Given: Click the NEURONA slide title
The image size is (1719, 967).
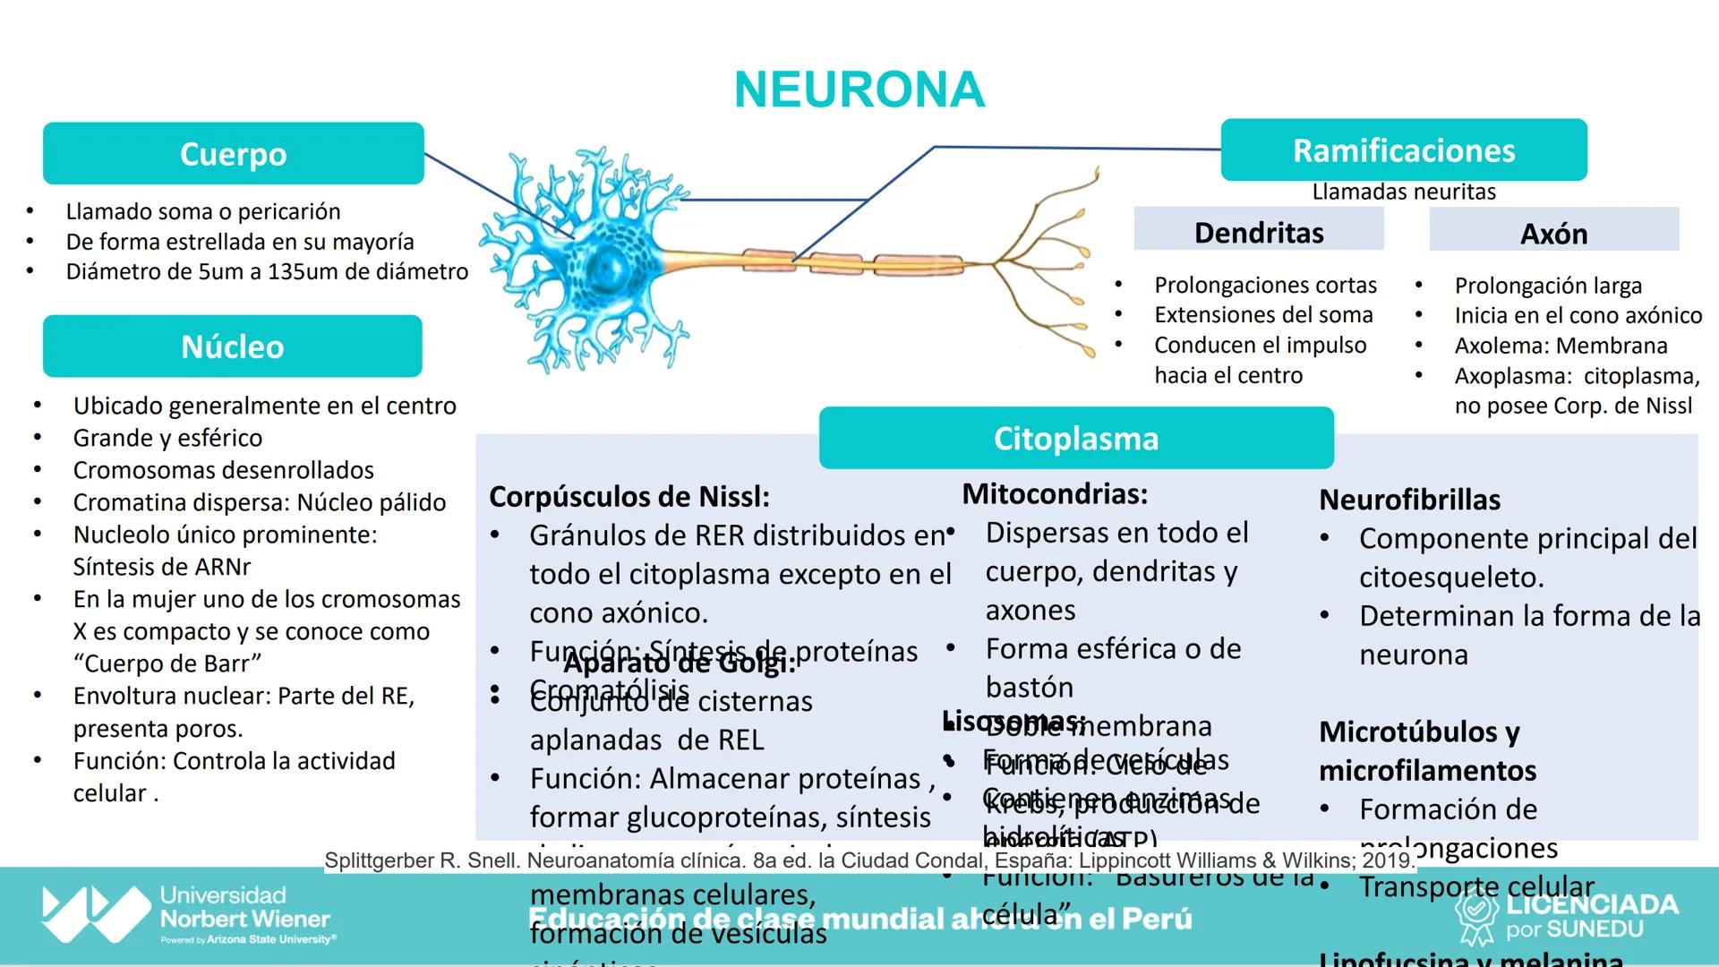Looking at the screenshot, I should coord(859,90).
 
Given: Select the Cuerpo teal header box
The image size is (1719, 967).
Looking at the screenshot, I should coord(233,154).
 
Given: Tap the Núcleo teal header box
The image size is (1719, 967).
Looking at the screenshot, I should coord(233,347).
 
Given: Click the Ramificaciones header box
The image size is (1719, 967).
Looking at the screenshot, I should coord(1404,150).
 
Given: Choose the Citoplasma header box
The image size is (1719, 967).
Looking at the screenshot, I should coord(1076,439).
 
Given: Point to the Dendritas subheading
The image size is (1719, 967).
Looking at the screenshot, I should coord(1259,233).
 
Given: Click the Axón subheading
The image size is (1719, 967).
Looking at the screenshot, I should coord(1554,234).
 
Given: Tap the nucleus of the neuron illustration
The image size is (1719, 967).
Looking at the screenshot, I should coord(609,266).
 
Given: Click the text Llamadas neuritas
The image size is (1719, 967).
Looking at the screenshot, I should coord(1404,192).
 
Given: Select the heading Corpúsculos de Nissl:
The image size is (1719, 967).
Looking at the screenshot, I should coord(629,497).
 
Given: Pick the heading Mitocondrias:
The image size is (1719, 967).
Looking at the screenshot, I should coord(1055,493).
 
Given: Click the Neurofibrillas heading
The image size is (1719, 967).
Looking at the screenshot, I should coord(1410,500).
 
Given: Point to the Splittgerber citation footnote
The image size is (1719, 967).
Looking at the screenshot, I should coord(868,860).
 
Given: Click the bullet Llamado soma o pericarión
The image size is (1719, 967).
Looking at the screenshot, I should coord(203,211).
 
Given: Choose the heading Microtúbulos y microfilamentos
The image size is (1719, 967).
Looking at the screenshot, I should coord(1428,750).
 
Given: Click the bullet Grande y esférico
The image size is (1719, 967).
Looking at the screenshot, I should coord(168,438).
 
